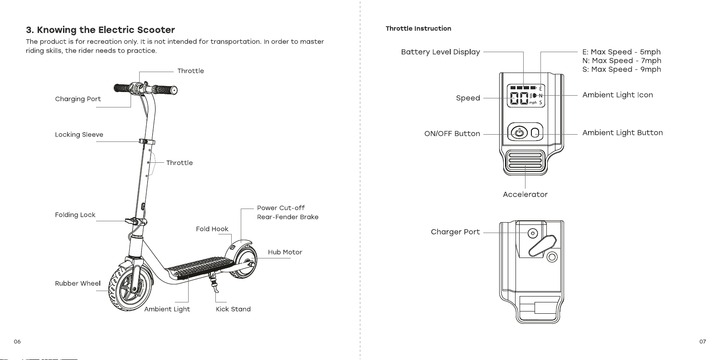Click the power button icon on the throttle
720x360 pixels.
[x=519, y=132]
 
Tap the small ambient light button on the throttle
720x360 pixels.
[x=535, y=133]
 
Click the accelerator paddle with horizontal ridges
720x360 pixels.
[x=525, y=161]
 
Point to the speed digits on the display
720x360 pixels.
[x=519, y=98]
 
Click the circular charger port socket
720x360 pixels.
[x=533, y=234]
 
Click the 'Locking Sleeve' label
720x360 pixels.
[x=79, y=135]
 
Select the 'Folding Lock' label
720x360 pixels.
[x=75, y=215]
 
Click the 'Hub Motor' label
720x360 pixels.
[x=285, y=253]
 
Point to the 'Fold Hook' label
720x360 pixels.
[x=212, y=229]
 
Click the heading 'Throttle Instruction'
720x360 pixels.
[x=418, y=29]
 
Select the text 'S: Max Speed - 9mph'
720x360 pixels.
[x=622, y=69]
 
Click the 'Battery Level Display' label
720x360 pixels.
[x=440, y=52]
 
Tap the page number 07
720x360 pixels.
[x=703, y=342]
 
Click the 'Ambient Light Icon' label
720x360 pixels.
[x=618, y=95]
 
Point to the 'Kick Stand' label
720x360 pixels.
[x=233, y=309]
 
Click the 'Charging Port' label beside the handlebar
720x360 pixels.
[x=78, y=99]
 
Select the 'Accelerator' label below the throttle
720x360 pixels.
[x=525, y=195]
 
